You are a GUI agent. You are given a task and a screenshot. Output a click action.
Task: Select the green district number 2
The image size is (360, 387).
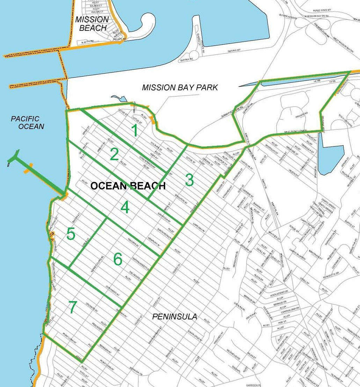(114, 154)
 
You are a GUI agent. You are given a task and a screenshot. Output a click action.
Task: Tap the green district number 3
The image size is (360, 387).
(189, 180)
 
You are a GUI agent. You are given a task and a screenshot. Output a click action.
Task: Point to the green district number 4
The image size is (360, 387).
(125, 208)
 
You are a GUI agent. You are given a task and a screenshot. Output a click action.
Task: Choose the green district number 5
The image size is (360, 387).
(71, 235)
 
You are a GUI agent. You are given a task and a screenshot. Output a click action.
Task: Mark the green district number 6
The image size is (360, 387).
(118, 259)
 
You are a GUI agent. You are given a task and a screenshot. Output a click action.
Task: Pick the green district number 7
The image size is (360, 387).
(72, 307)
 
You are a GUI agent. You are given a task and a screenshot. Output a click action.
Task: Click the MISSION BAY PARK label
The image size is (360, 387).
(180, 87)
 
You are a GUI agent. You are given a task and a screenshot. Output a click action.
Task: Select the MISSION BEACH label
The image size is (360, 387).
(92, 24)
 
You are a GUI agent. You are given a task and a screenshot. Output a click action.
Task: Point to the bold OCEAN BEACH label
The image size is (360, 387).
(128, 186)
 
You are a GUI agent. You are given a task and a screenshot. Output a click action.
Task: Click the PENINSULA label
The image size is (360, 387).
(175, 317)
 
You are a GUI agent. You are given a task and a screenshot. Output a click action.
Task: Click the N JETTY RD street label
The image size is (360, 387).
(87, 42)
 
